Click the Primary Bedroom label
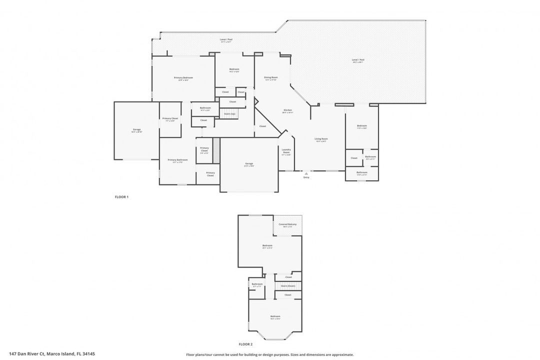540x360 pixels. (x=183, y=78)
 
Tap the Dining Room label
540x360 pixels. (x=271, y=78)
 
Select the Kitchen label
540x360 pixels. (x=287, y=110)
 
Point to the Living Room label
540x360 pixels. (x=321, y=139)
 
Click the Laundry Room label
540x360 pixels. (x=286, y=151)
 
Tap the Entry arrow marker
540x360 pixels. (x=306, y=173)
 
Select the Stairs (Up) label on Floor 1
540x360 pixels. (x=229, y=114)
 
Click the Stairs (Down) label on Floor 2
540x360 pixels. (x=288, y=286)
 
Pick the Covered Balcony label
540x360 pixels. (x=287, y=224)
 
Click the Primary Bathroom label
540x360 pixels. (x=177, y=160)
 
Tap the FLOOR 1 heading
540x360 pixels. (x=122, y=197)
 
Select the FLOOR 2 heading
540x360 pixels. (x=245, y=344)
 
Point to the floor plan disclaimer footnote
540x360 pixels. (x=270, y=354)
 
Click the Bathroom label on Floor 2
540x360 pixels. (x=257, y=284)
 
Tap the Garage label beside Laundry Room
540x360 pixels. (x=249, y=164)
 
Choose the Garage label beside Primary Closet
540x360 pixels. (x=136, y=130)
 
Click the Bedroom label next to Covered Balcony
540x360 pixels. (x=267, y=245)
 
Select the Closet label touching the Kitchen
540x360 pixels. (x=262, y=126)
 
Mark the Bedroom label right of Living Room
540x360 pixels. (x=361, y=126)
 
